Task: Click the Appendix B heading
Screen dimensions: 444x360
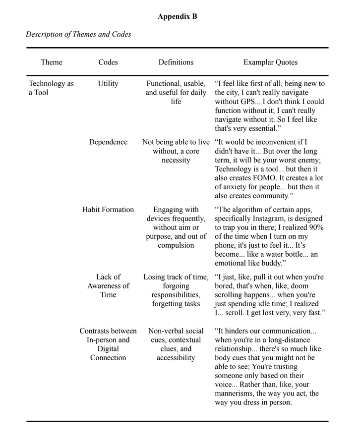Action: (178, 17)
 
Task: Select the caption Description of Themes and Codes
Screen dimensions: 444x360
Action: (78, 34)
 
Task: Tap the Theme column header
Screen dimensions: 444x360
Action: (52, 62)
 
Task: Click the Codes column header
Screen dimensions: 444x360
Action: (108, 62)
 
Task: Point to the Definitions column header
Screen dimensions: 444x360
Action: (176, 62)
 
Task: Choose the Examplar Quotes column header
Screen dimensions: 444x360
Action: (270, 62)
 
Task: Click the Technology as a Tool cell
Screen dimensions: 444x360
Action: (51, 88)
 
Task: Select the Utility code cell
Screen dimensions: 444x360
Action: (108, 84)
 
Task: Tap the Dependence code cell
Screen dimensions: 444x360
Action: (108, 142)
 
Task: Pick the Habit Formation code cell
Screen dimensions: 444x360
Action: (108, 210)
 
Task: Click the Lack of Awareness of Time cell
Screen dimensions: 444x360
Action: (108, 286)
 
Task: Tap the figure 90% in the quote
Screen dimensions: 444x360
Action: (315, 227)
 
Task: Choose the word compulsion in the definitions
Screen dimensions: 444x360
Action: (176, 245)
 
